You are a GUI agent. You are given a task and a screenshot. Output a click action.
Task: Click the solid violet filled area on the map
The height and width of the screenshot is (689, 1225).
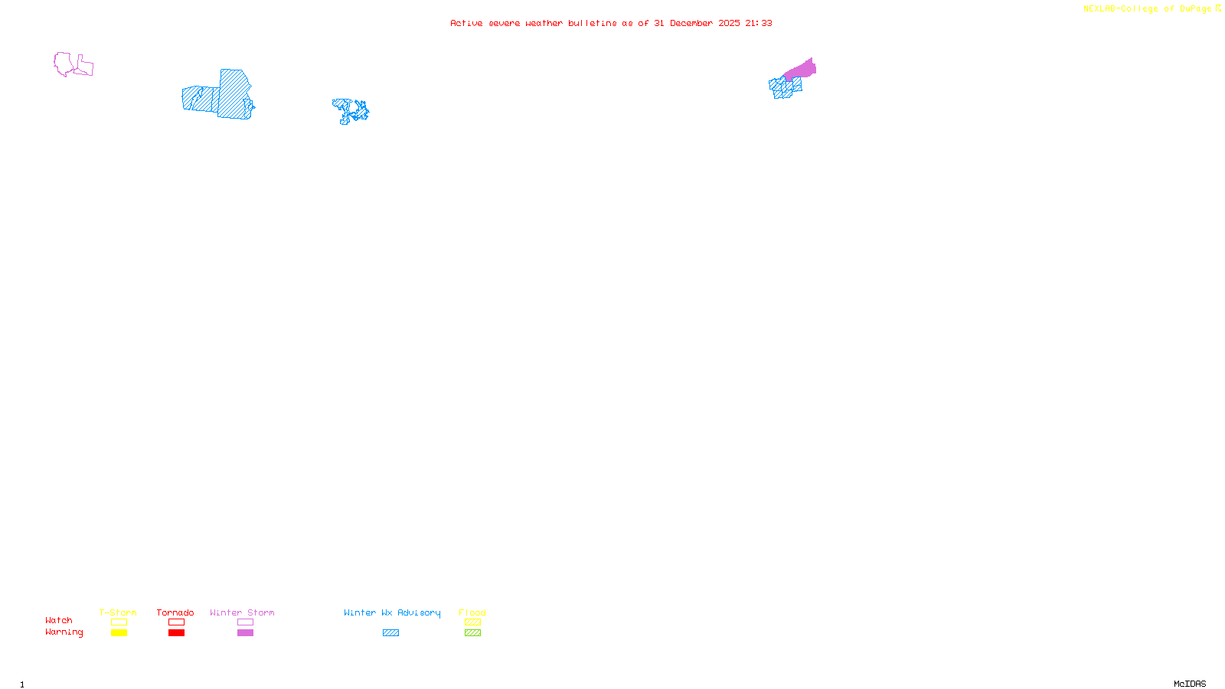point(802,70)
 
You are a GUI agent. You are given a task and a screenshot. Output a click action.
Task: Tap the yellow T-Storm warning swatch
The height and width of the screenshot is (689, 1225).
point(119,633)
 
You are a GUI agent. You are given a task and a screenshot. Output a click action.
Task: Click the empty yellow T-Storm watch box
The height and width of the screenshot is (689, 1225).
point(119,622)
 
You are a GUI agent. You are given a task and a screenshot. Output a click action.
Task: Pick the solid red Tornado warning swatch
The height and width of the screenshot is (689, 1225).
point(176,633)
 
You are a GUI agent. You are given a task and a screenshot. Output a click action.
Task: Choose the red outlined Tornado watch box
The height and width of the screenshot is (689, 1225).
point(176,622)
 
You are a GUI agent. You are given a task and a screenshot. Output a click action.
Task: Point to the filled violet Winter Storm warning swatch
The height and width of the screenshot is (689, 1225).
point(245,633)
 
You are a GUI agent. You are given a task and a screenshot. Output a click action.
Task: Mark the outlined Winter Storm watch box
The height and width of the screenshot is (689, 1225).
point(245,622)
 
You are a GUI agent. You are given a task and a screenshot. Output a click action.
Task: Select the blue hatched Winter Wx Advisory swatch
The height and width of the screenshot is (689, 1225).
point(390,633)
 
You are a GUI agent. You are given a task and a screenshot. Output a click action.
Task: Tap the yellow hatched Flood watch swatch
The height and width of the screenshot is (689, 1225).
point(472,622)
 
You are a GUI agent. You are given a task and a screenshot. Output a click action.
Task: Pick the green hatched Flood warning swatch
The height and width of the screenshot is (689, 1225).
point(472,633)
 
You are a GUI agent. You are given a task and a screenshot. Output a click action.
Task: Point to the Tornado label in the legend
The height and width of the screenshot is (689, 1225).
point(175,612)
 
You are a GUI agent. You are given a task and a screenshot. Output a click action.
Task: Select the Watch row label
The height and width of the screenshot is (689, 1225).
point(59,620)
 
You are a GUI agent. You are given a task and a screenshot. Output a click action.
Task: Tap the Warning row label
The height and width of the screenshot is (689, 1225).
point(64,632)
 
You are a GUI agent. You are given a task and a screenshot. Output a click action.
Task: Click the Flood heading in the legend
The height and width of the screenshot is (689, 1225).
point(472,612)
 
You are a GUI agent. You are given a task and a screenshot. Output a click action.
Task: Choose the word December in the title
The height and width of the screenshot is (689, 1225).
point(691,23)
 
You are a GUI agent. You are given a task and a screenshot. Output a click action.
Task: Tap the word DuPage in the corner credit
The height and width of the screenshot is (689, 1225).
point(1195,9)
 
